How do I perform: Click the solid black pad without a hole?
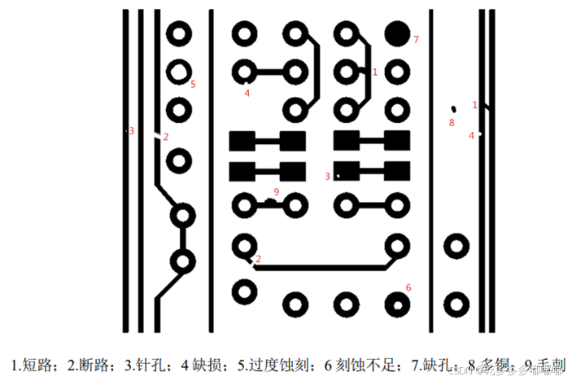pos(397,33)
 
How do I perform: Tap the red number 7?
pos(416,39)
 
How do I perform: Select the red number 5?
pos(193,84)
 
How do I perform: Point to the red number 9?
pos(277,191)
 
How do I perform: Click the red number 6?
pos(408,287)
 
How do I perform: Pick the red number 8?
pos(452,123)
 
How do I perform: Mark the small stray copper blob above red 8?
pos(453,108)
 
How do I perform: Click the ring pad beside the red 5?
pos(178,72)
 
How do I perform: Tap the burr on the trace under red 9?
pos(269,200)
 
